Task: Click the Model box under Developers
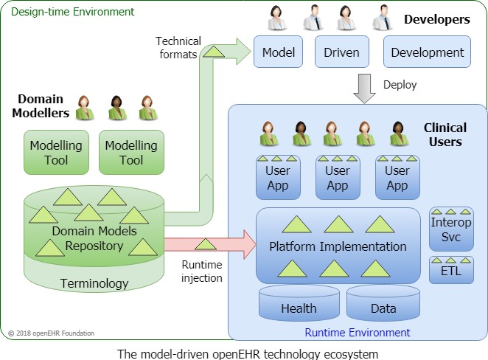click(x=279, y=52)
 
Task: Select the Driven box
click(x=341, y=52)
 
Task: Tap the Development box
click(x=428, y=52)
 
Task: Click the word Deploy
click(x=400, y=85)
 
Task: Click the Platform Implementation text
click(x=338, y=246)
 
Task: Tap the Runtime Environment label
click(x=358, y=333)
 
